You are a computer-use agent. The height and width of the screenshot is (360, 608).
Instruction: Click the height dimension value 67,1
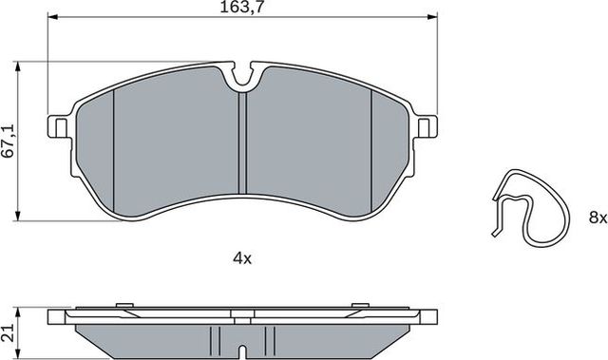[9, 142]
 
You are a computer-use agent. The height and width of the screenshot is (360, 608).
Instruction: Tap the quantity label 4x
[241, 257]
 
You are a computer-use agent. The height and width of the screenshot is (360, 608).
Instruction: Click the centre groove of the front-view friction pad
[242, 142]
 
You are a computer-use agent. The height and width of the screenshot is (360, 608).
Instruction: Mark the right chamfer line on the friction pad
[371, 142]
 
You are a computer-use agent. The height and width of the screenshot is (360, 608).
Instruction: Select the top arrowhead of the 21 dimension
[22, 310]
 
